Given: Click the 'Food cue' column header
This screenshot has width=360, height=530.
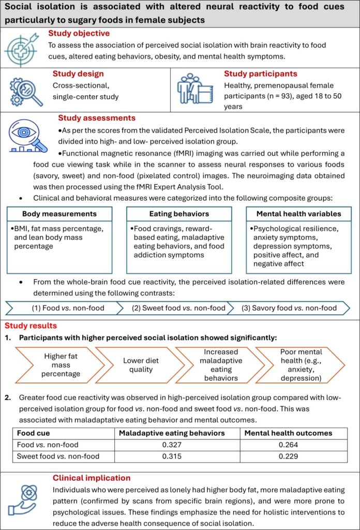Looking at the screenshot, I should click(34, 433).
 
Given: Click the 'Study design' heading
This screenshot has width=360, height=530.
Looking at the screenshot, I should click(78, 74).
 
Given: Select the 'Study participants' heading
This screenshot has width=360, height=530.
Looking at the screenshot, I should click(260, 74).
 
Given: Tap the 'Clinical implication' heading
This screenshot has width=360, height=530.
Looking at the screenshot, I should click(92, 478).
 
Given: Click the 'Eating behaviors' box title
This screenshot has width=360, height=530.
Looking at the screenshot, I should click(178, 213).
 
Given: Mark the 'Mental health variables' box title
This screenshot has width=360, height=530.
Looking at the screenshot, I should click(299, 213).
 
